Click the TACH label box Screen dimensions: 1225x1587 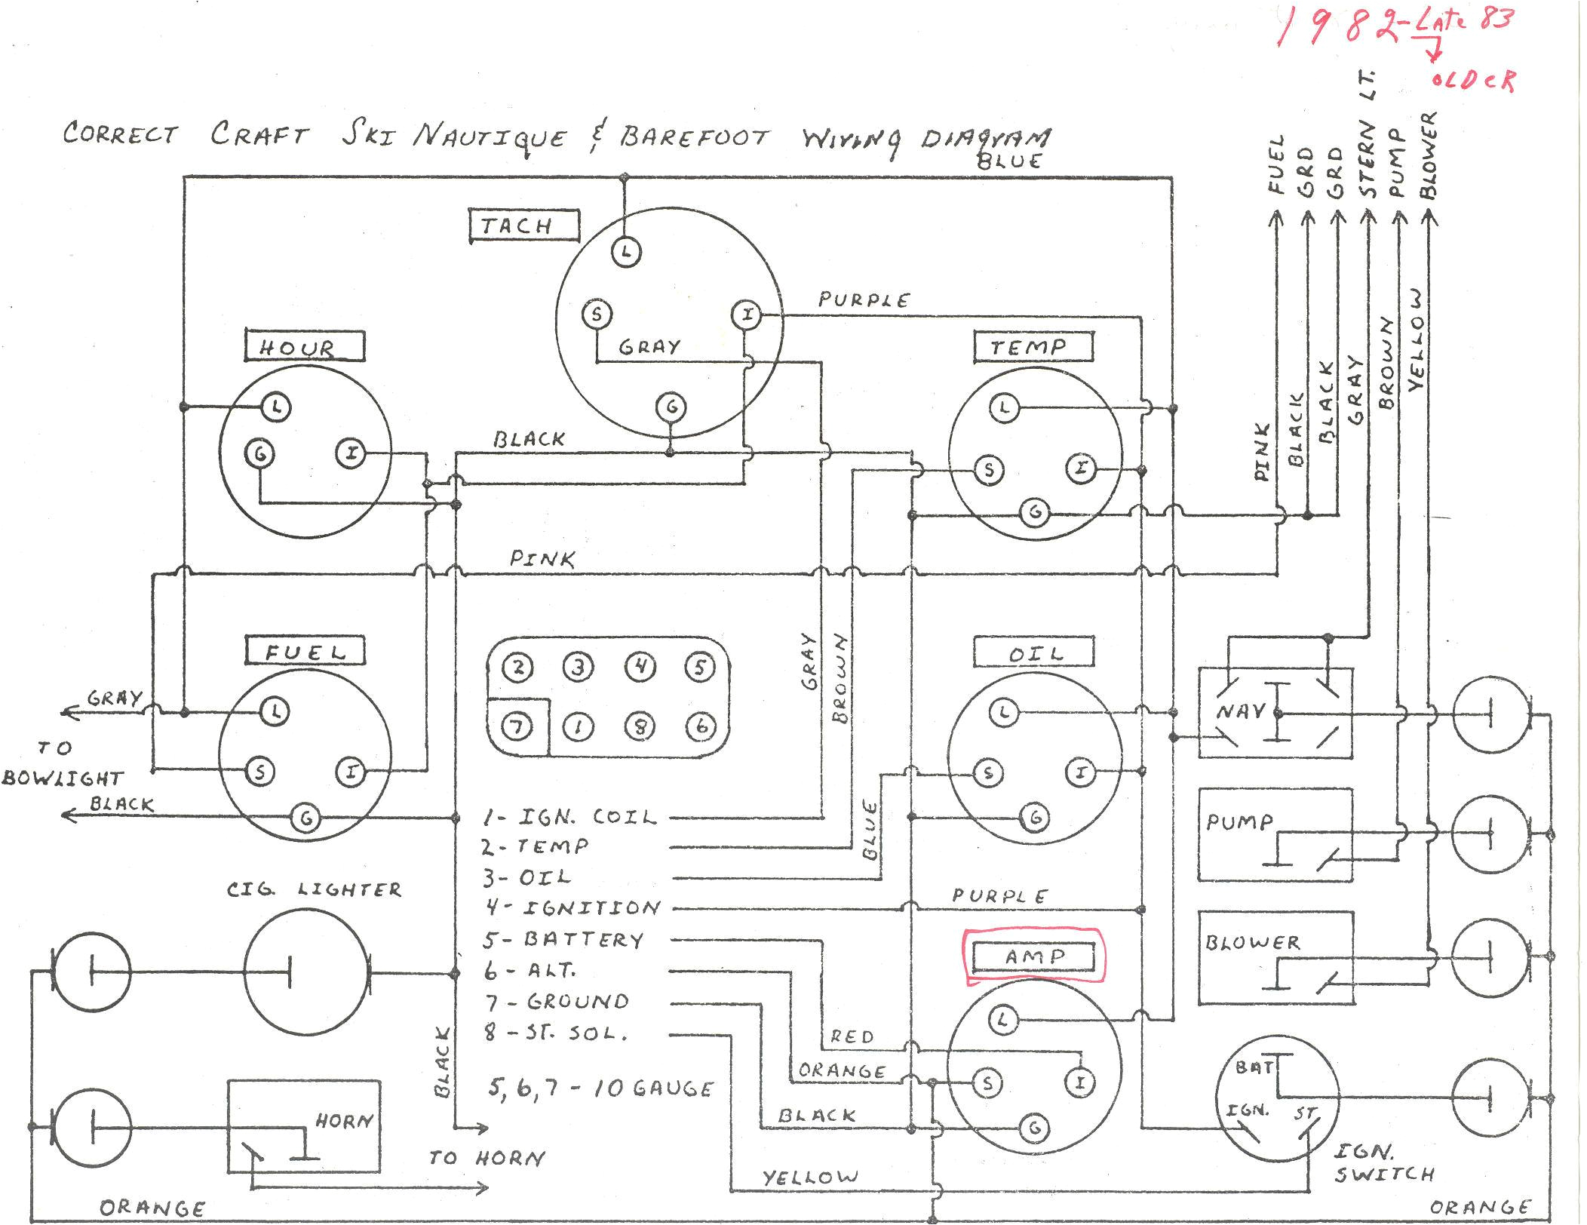point(523,226)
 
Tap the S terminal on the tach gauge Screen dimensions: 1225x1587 point(597,314)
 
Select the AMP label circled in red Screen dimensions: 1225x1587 point(1033,956)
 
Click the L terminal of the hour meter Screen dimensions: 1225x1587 point(277,407)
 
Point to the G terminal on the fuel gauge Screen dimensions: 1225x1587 point(306,818)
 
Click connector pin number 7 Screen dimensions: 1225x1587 point(517,726)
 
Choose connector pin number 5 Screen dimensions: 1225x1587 point(700,667)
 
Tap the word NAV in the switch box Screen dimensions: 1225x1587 point(1240,711)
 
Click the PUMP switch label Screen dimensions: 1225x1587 point(1239,821)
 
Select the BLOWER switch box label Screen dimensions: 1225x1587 point(1252,942)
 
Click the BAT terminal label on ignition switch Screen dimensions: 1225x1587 point(1254,1067)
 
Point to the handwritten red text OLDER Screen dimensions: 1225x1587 point(1472,80)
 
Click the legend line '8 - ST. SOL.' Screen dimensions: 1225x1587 point(557,1033)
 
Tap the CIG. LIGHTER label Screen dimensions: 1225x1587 point(314,889)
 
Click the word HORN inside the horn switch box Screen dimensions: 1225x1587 point(344,1121)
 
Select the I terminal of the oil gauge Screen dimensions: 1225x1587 point(1080,772)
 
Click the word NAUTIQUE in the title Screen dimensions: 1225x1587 point(489,137)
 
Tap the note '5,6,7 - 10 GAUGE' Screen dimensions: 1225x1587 point(600,1088)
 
